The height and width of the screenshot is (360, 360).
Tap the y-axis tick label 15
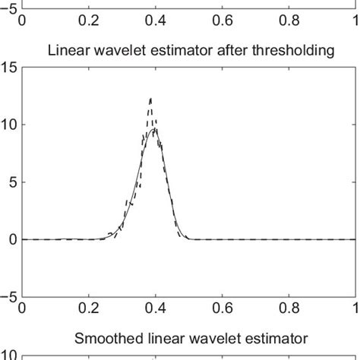coord(10,68)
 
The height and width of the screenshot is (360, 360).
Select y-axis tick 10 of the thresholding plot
coord(10,125)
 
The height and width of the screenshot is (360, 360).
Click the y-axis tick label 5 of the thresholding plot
coord(13,182)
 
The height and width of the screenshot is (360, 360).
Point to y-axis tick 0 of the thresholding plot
coord(13,239)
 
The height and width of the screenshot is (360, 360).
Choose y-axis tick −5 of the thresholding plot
coord(9,297)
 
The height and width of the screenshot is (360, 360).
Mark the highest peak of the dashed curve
coord(150,98)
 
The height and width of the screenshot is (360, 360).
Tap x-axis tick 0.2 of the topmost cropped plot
coord(89,21)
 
